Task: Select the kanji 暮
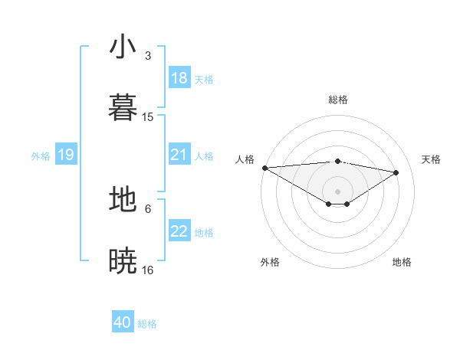pyautogui.click(x=123, y=106)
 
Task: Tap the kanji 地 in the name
pyautogui.click(x=123, y=199)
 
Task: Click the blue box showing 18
pyautogui.click(x=179, y=78)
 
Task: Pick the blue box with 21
pyautogui.click(x=179, y=155)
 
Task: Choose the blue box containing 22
pyautogui.click(x=179, y=232)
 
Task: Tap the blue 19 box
pyautogui.click(x=65, y=155)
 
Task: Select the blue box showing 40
pyautogui.click(x=123, y=323)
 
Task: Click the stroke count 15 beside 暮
pyautogui.click(x=148, y=117)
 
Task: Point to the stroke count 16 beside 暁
pyautogui.click(x=148, y=270)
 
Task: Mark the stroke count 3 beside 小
pyautogui.click(x=148, y=56)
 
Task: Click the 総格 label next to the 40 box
pyautogui.click(x=148, y=324)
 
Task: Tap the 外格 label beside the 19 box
pyautogui.click(x=41, y=156)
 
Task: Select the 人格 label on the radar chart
pyautogui.click(x=245, y=159)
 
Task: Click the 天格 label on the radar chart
pyautogui.click(x=431, y=159)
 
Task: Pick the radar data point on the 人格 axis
pyautogui.click(x=264, y=168)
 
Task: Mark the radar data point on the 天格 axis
pyautogui.click(x=396, y=172)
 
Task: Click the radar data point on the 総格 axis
pyautogui.click(x=337, y=161)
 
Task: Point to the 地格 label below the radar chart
pyautogui.click(x=402, y=262)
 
